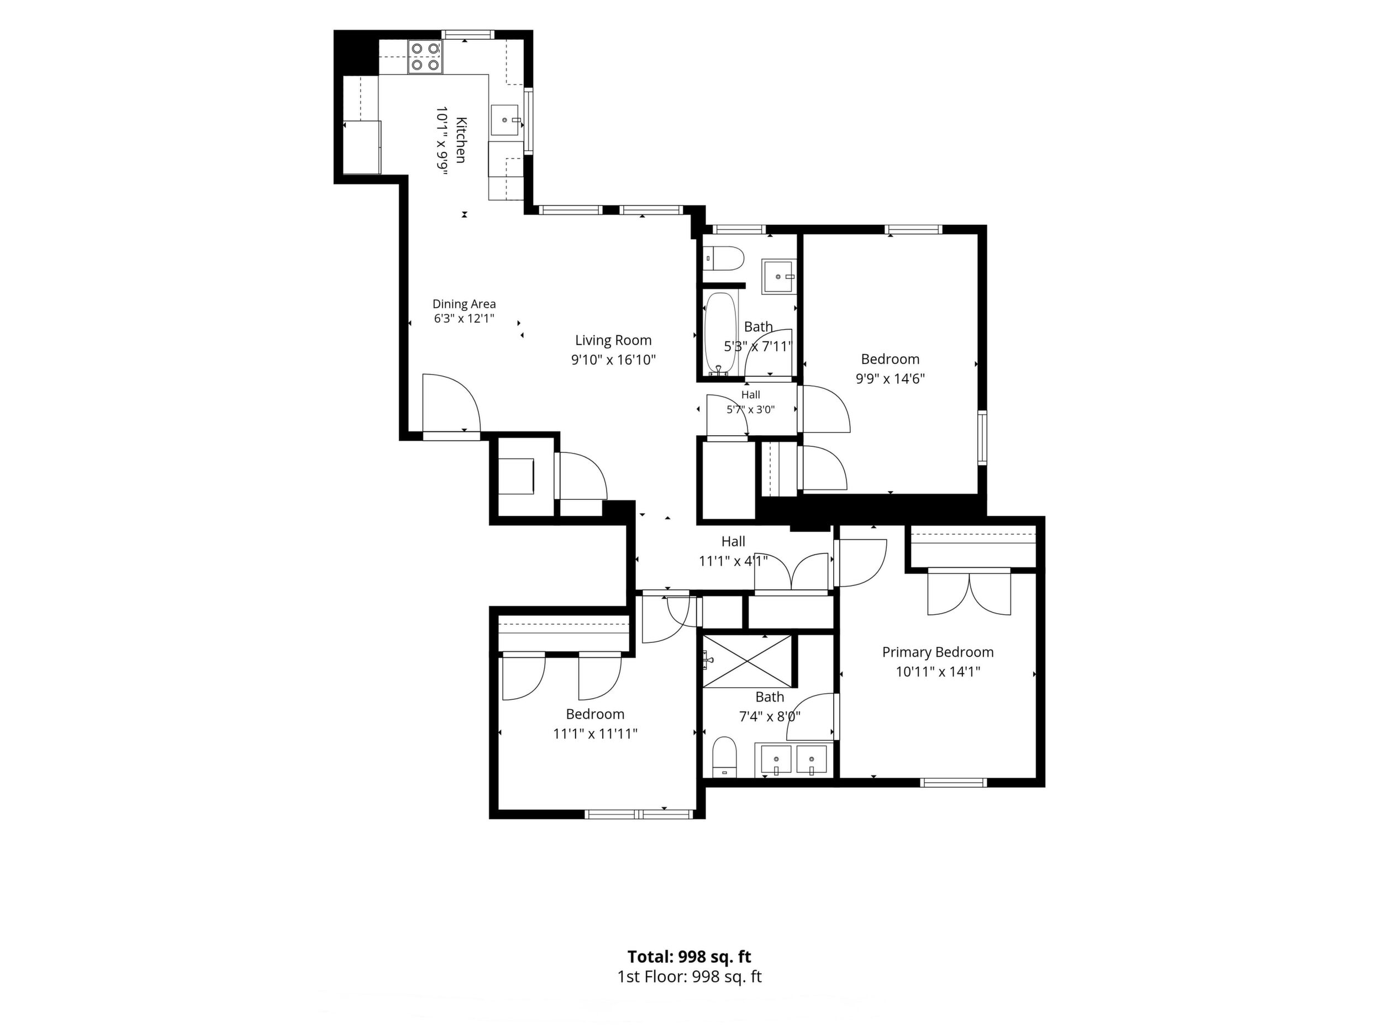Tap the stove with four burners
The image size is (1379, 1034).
pyautogui.click(x=426, y=56)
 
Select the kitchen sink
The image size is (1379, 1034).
pyautogui.click(x=506, y=120)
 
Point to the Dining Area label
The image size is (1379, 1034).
pyautogui.click(x=465, y=304)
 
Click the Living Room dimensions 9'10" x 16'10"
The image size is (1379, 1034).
pyautogui.click(x=613, y=360)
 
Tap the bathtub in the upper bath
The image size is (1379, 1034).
pyautogui.click(x=722, y=334)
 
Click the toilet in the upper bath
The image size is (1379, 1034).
pyautogui.click(x=724, y=258)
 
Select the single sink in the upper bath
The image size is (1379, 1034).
pyautogui.click(x=778, y=277)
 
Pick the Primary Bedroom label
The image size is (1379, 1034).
pyautogui.click(x=938, y=652)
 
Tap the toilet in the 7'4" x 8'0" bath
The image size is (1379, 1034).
pyautogui.click(x=725, y=757)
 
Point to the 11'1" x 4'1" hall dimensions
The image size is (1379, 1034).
pyautogui.click(x=733, y=561)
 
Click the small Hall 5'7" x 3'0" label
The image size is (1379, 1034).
pyautogui.click(x=751, y=402)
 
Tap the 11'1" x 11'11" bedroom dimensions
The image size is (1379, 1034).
pyautogui.click(x=596, y=734)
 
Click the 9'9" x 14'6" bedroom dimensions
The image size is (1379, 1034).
pyautogui.click(x=890, y=378)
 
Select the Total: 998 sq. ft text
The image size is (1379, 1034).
pyautogui.click(x=689, y=956)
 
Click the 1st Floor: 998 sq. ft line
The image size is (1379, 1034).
pyautogui.click(x=689, y=976)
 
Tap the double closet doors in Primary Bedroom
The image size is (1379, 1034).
pyautogui.click(x=970, y=592)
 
